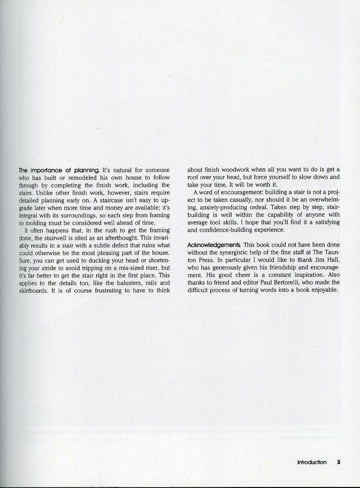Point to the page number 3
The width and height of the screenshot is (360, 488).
pos(338,462)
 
